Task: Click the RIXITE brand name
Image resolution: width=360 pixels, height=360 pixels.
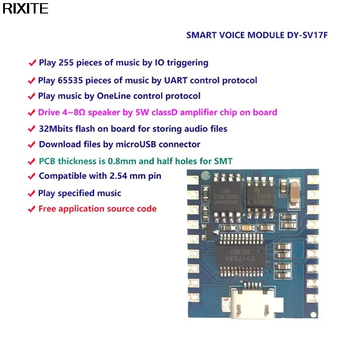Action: point(25,9)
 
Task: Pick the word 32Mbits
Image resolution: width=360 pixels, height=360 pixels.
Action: point(56,129)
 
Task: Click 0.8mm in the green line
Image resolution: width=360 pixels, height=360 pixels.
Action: point(128,160)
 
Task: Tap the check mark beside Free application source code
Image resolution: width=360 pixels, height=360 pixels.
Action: point(31,209)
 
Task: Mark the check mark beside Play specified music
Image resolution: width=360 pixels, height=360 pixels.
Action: point(31,193)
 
